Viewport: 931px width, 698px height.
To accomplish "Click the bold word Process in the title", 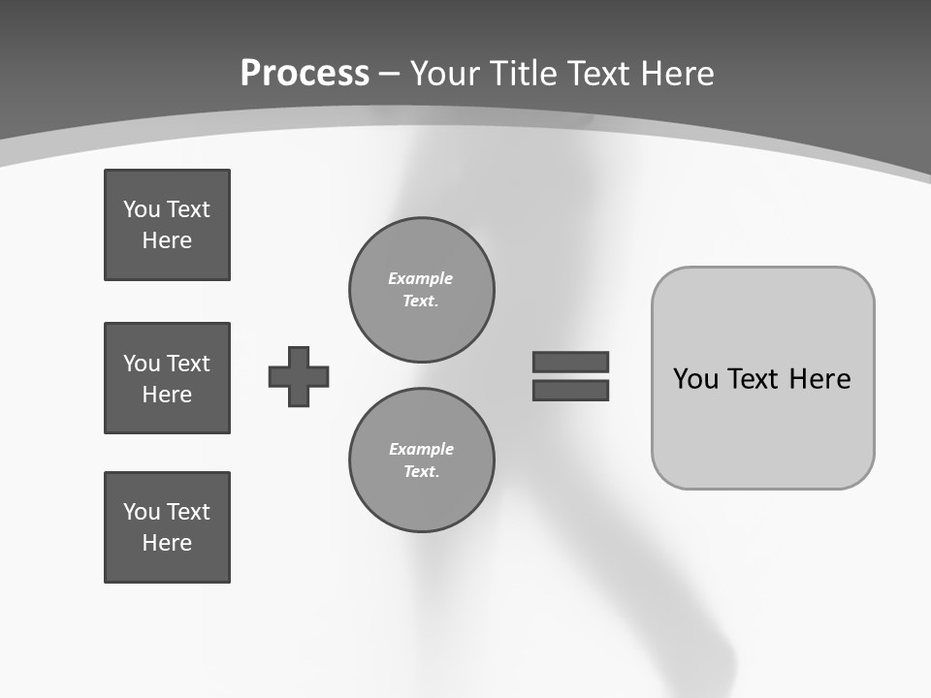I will pos(305,74).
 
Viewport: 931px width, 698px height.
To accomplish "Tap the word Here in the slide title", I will pos(679,74).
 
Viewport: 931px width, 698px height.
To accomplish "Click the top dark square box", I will pos(167,225).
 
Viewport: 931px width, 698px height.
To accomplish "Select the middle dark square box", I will pos(167,378).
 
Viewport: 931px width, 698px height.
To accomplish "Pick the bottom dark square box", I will pos(167,527).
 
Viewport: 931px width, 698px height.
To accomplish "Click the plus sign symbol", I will pos(299,376).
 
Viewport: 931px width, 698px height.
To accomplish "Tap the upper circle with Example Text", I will pos(421,290).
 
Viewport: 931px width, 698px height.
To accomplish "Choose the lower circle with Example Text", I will pos(421,460).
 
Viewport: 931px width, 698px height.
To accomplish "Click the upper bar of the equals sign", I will pos(570,362).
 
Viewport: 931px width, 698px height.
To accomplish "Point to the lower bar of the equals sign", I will pos(570,390).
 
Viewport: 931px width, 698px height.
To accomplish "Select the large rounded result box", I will pos(762,427).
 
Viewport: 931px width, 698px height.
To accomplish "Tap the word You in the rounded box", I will pos(695,379).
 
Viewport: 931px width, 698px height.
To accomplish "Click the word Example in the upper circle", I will pos(420,278).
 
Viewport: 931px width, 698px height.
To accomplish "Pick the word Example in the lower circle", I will pos(421,449).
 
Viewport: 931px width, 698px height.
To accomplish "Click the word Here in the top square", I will pos(167,240).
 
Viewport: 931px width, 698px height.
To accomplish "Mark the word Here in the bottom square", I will pos(167,543).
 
